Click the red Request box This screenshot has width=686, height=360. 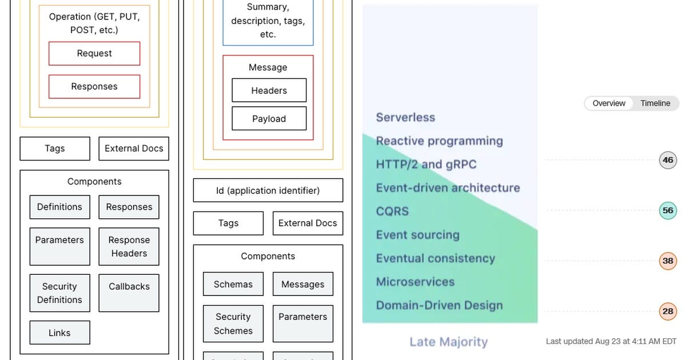[94, 54]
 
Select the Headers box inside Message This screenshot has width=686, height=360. [269, 90]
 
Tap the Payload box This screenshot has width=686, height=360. [269, 119]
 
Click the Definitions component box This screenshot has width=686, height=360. [59, 207]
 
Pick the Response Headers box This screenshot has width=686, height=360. [129, 247]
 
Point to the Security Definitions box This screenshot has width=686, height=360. [59, 293]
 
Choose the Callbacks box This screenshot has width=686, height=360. [129, 293]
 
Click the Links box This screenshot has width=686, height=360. [59, 333]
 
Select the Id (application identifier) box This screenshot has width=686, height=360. [268, 190]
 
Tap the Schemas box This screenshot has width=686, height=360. [233, 284]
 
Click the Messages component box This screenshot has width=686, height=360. [302, 284]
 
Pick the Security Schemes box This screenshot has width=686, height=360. [233, 323]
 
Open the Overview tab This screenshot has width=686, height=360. [609, 103]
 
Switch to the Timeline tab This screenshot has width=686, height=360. [655, 103]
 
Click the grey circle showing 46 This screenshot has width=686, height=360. [668, 160]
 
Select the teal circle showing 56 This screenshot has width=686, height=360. [668, 210]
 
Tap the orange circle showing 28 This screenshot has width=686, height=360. [668, 311]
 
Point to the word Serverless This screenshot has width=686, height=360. [405, 118]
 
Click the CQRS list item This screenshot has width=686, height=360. [392, 211]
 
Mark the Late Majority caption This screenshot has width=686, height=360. [449, 342]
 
